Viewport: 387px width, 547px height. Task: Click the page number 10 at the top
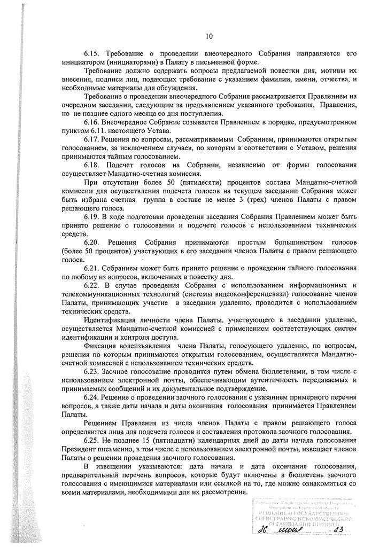coord(209,36)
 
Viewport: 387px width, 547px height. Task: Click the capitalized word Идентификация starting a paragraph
coord(111,319)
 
